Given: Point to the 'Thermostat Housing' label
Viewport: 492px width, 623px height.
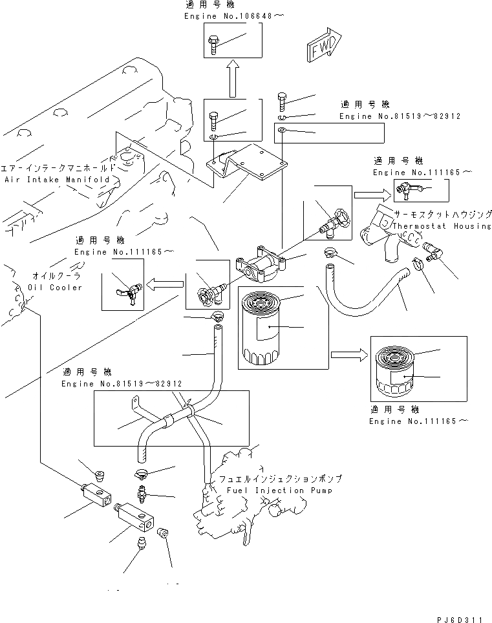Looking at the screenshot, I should (442, 226).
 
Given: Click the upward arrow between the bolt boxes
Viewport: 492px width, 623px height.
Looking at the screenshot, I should (231, 78).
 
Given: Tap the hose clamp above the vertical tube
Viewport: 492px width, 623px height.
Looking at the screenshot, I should (218, 316).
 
